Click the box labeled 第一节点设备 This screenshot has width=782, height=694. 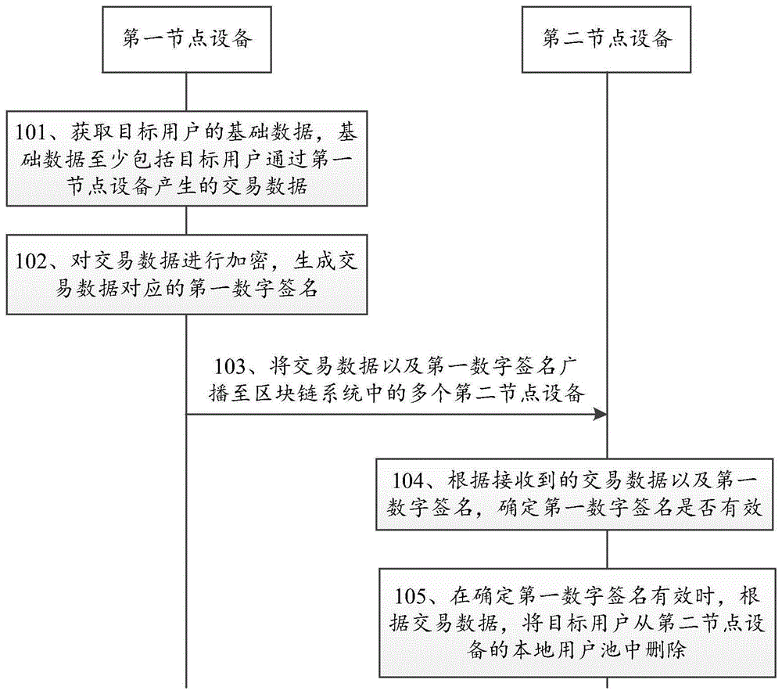point(186,39)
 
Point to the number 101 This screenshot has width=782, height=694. point(33,132)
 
